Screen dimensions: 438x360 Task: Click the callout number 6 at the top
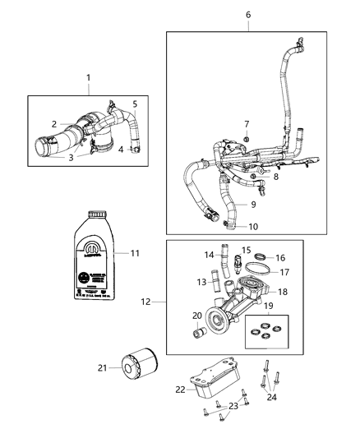(248, 15)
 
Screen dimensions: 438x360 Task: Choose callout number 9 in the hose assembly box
(254, 204)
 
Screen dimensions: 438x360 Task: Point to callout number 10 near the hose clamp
(254, 226)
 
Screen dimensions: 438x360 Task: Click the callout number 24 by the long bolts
(273, 399)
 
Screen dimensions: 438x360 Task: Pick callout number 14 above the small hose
(208, 255)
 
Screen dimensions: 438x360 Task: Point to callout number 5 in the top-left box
(135, 104)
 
